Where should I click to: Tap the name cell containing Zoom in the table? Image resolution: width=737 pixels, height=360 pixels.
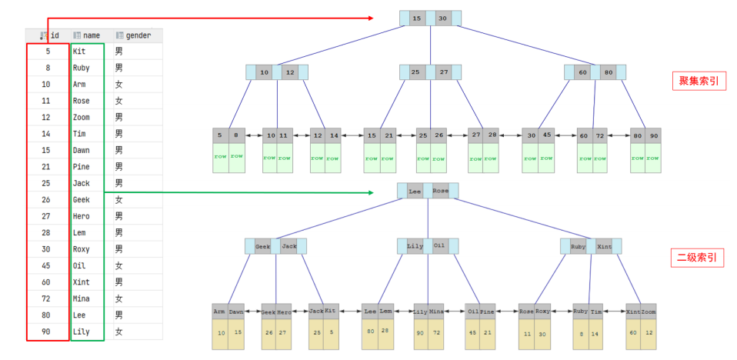point(81,117)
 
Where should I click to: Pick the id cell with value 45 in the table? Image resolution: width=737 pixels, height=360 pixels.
point(46,265)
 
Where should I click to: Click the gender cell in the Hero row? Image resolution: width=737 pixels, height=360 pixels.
point(118,216)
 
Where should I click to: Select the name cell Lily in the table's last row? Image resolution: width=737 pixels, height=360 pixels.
point(81,332)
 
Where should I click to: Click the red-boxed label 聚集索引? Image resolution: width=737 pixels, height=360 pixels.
point(698,81)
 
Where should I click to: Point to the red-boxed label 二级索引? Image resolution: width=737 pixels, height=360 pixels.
point(698,258)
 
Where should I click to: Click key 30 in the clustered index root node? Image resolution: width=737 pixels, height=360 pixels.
point(442,18)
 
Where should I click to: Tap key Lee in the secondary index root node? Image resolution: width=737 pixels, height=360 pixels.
point(414,190)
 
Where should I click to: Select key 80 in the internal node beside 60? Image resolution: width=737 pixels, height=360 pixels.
point(608,72)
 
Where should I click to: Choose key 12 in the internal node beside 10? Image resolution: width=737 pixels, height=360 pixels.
point(289,72)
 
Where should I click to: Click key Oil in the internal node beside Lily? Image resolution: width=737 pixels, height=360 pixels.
point(439,246)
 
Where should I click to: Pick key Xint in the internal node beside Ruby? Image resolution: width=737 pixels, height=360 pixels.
point(604,246)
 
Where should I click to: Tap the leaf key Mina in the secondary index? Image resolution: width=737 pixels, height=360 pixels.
point(435,312)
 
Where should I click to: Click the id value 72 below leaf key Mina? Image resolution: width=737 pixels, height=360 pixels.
point(435,332)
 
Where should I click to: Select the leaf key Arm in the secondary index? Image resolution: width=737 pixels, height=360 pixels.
point(220,312)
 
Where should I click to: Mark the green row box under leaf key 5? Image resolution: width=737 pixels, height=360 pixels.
point(220,157)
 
